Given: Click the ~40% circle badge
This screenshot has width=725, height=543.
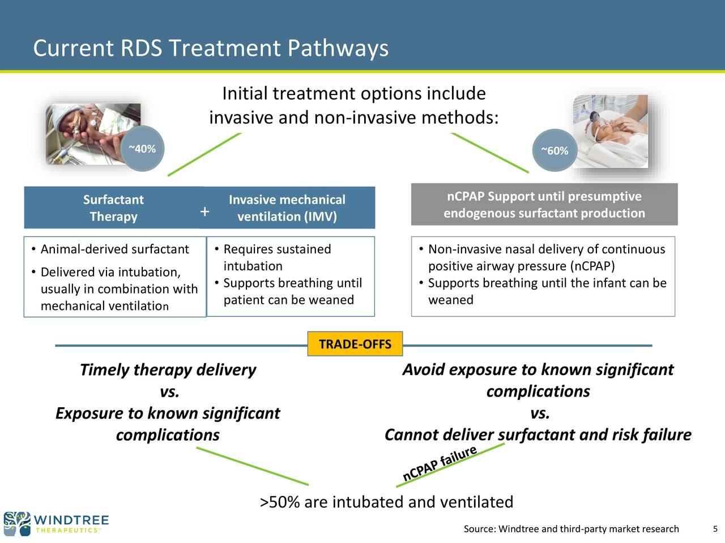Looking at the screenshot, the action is coord(142,148).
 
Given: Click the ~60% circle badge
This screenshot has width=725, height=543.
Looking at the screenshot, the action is coord(555,150).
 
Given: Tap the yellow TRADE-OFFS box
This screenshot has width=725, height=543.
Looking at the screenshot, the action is coord(355,344).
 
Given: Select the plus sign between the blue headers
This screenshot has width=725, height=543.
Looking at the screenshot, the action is coord(205,212).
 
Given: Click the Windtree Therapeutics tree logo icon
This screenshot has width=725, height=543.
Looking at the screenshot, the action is coord(17,524).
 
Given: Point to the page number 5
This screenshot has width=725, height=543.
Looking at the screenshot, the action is coord(715,529).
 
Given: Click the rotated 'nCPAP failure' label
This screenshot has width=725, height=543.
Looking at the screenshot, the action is coord(440,463).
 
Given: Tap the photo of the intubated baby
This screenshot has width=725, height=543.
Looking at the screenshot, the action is coord(93,133).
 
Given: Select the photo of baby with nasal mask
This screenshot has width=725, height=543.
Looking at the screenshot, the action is coord(610,131).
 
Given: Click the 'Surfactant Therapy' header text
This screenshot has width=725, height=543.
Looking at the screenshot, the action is coord(113,208).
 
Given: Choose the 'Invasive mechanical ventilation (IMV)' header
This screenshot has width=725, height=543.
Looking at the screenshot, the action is coord(287,208).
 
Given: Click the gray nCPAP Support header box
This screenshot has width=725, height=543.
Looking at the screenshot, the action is coord(544,204).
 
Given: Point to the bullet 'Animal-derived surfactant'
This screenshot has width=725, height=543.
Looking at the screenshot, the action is coord(110,249).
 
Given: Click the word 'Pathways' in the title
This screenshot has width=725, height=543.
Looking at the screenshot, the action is coord(338,48).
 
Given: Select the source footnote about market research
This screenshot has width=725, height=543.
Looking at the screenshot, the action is coord(571,529).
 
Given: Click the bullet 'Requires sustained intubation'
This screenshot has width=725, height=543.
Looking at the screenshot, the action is coord(273,257).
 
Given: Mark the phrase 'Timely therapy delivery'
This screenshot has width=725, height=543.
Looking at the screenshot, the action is coord(168,370).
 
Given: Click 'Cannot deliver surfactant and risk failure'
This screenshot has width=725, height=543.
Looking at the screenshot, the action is coord(538,434).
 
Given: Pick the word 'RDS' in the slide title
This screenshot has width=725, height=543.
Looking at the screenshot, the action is coord(141,48).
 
